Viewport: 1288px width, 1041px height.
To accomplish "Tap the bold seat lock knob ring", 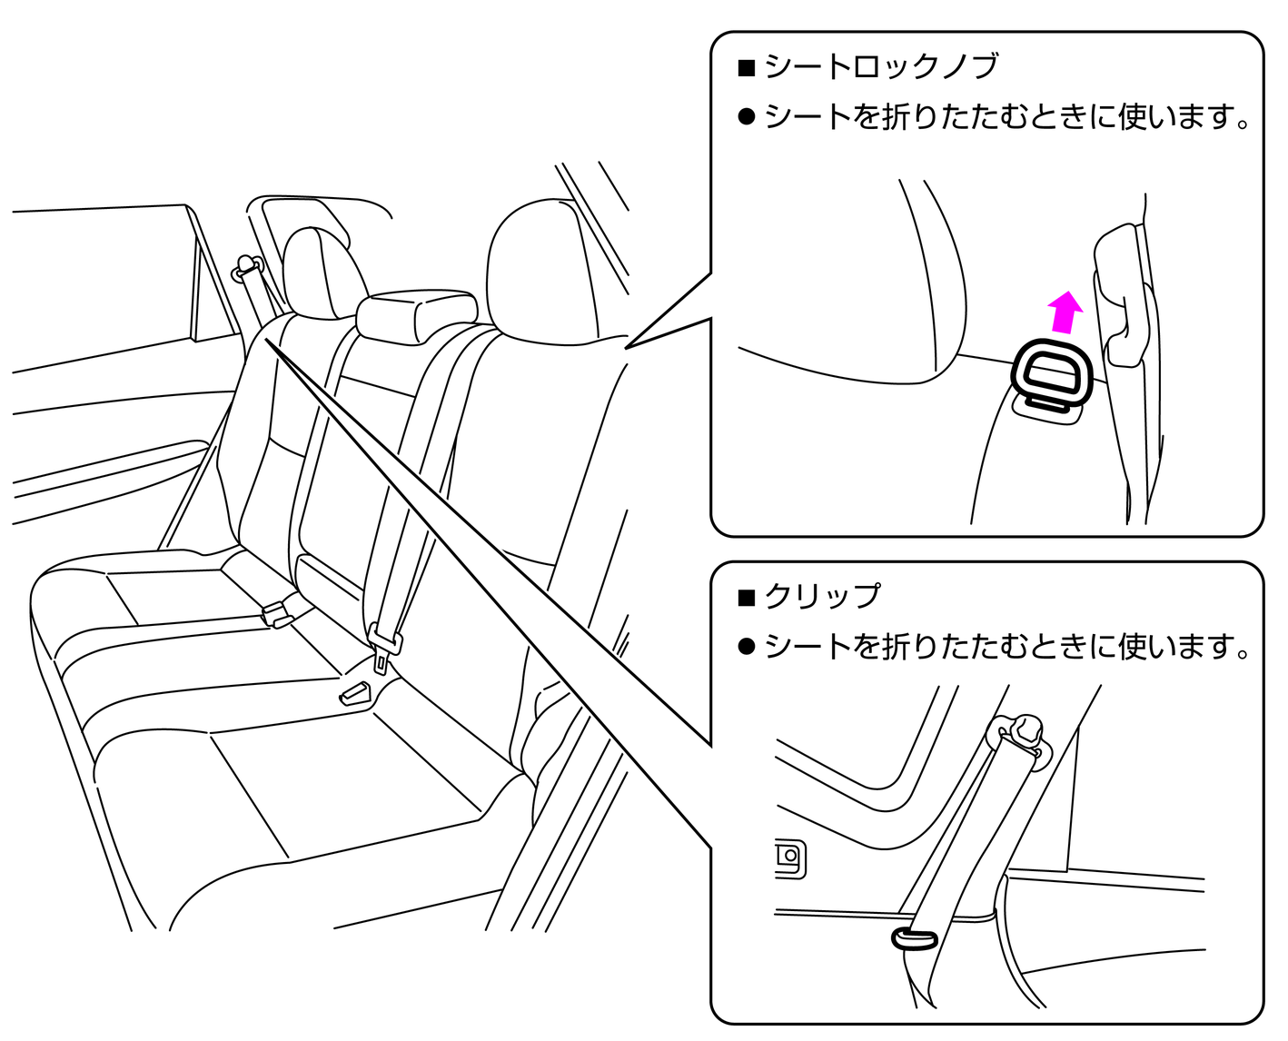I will tap(1052, 372).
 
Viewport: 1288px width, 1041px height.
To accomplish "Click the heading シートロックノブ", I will tap(881, 66).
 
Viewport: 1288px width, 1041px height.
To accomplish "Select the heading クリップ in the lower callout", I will tap(823, 596).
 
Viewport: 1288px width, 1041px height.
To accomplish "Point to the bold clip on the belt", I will tap(915, 938).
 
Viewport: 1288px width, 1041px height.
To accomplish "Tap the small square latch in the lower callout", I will tap(789, 858).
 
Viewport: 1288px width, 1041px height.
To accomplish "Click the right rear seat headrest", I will tap(536, 273).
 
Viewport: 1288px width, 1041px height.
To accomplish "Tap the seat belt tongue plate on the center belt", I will tap(385, 643).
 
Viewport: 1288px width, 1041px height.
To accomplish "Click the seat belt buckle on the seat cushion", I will tap(355, 694).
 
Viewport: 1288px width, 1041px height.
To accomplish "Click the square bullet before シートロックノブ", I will tap(747, 67).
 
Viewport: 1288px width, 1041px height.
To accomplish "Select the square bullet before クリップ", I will tap(747, 597).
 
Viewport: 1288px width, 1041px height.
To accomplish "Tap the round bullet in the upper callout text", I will tap(747, 117).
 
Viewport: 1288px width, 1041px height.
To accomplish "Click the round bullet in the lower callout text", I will tap(747, 647).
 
